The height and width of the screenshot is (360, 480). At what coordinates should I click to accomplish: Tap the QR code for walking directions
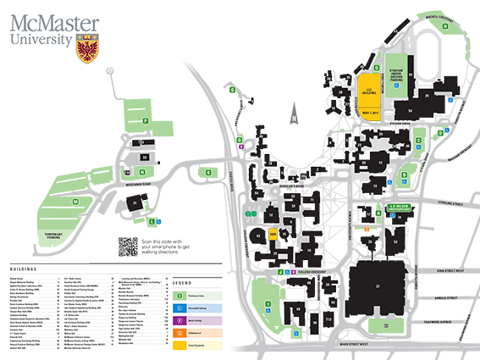128,246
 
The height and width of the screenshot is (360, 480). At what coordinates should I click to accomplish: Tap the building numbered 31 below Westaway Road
135,202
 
